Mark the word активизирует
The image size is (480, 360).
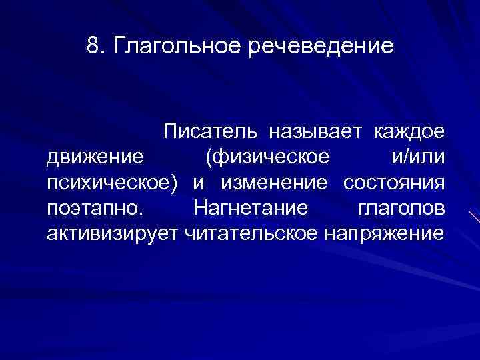(107, 233)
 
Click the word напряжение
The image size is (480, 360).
(384, 233)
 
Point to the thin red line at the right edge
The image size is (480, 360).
(474, 221)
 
